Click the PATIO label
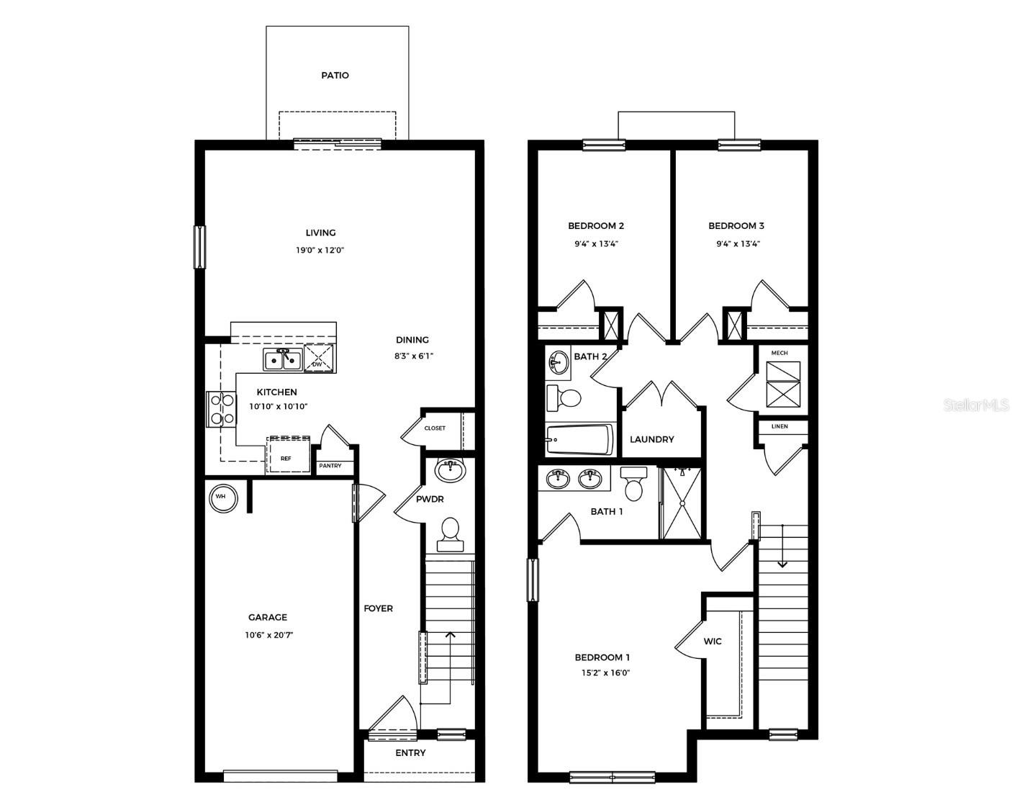coord(335,76)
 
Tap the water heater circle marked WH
coord(222,497)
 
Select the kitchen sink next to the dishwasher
coord(282,359)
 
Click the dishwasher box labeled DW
coord(319,358)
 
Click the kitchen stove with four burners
coord(220,408)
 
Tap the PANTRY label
coord(330,466)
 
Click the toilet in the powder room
coord(451,534)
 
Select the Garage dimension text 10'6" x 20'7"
coord(268,635)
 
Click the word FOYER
coord(378,608)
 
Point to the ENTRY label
coord(410,753)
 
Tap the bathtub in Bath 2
coord(579,439)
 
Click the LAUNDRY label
coord(651,439)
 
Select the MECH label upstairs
coord(779,353)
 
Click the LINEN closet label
coord(779,426)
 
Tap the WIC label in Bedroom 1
coord(713,642)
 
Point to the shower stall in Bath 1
coord(682,502)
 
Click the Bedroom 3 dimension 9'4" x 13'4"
coord(738,244)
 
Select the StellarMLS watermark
coord(976,406)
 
